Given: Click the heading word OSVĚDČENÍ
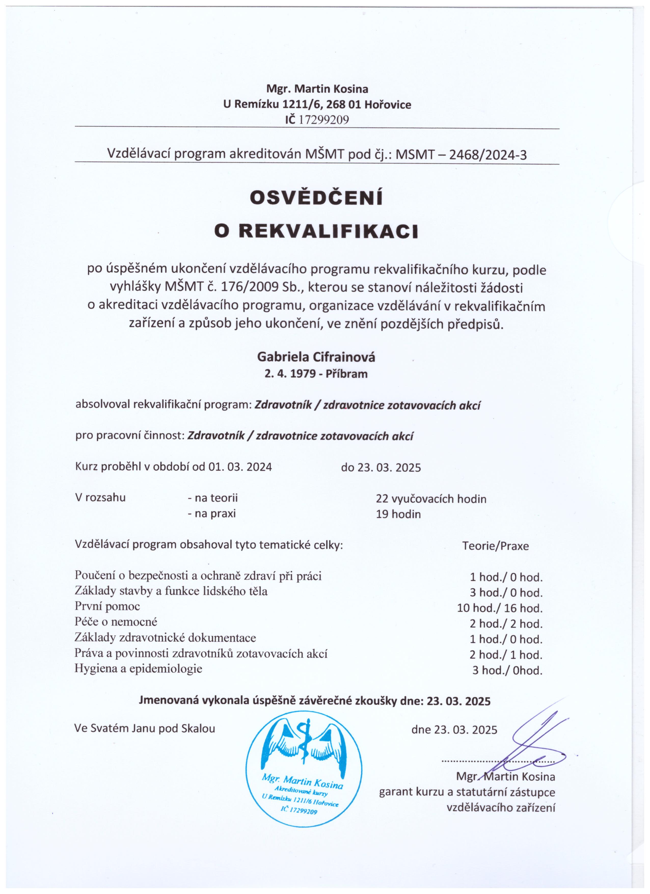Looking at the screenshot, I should pos(316,198).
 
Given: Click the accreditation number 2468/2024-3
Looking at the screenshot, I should pos(488,155).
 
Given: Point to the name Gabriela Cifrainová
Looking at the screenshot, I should pos(316,357).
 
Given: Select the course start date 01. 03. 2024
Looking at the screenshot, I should pos(240,467).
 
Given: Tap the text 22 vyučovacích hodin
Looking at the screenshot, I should pos(431,499).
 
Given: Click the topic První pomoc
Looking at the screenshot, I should pos(107,606).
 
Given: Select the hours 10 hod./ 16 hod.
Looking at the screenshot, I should pos(500,608).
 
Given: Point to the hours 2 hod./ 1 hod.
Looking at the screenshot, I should pos(506,655).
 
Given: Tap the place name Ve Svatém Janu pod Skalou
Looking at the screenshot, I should pos(145,728).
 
